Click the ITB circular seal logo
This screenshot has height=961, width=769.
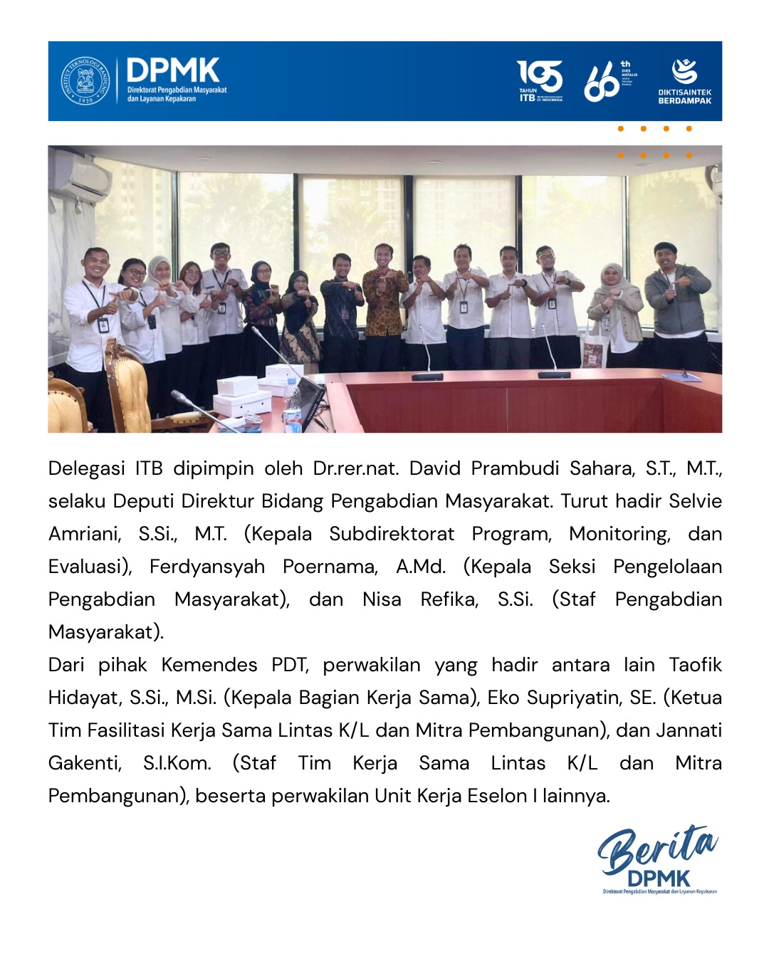point(85,81)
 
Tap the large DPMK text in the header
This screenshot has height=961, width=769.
point(173,70)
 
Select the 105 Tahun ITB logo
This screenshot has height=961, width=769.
point(540,80)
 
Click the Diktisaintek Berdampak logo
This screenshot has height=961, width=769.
point(684,81)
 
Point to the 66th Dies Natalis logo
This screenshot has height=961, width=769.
point(609,81)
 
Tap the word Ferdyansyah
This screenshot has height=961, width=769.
point(206,567)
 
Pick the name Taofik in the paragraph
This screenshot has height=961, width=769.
point(695,665)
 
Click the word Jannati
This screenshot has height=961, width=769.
point(689,730)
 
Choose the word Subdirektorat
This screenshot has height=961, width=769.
point(391,534)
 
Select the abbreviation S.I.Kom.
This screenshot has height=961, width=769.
point(177,763)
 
